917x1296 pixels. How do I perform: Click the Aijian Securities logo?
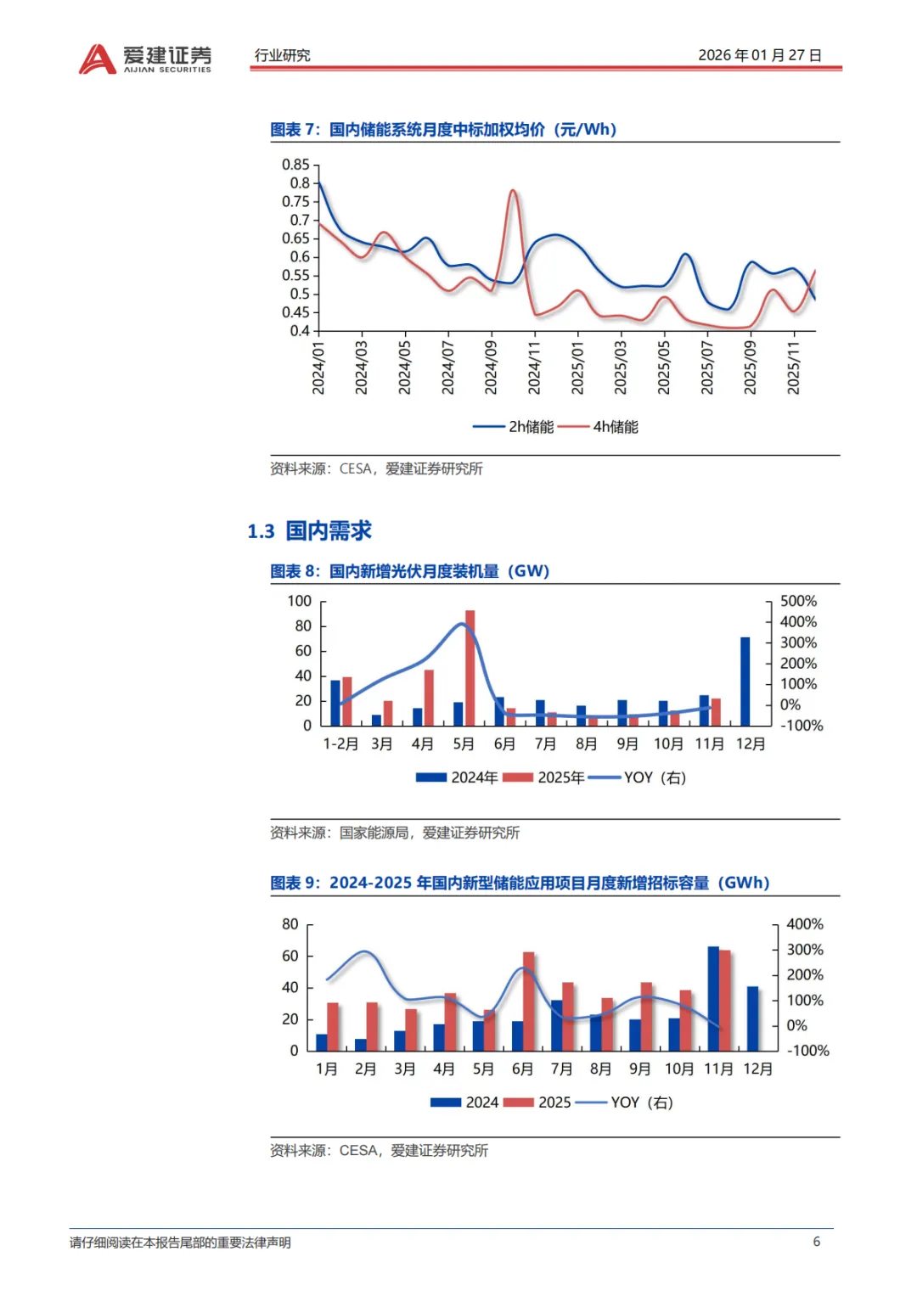pyautogui.click(x=145, y=59)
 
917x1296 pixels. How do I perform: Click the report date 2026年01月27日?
pyautogui.click(x=759, y=55)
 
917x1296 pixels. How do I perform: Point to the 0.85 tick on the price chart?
pyautogui.click(x=295, y=165)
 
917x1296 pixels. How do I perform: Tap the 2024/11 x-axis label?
pyautogui.click(x=534, y=367)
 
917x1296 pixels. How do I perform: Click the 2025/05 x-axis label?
pyautogui.click(x=664, y=367)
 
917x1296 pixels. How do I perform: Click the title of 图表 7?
pyautogui.click(x=443, y=130)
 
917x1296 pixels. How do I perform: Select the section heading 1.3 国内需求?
pyautogui.click(x=309, y=531)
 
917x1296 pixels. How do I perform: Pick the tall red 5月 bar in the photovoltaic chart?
pyautogui.click(x=470, y=667)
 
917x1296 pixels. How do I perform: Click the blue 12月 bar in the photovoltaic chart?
pyautogui.click(x=745, y=682)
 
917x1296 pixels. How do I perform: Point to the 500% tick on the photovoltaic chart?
pyautogui.click(x=798, y=602)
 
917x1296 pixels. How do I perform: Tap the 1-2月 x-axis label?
pyautogui.click(x=340, y=744)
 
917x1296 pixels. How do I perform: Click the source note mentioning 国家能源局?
pyautogui.click(x=395, y=833)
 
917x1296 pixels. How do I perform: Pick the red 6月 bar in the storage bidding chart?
pyautogui.click(x=529, y=1001)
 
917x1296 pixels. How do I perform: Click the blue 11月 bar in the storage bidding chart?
pyautogui.click(x=713, y=998)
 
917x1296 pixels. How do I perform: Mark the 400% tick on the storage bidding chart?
pyautogui.click(x=804, y=924)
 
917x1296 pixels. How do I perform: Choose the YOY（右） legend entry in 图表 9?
pyautogui.click(x=641, y=1102)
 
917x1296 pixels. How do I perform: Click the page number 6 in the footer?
pyautogui.click(x=817, y=1242)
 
